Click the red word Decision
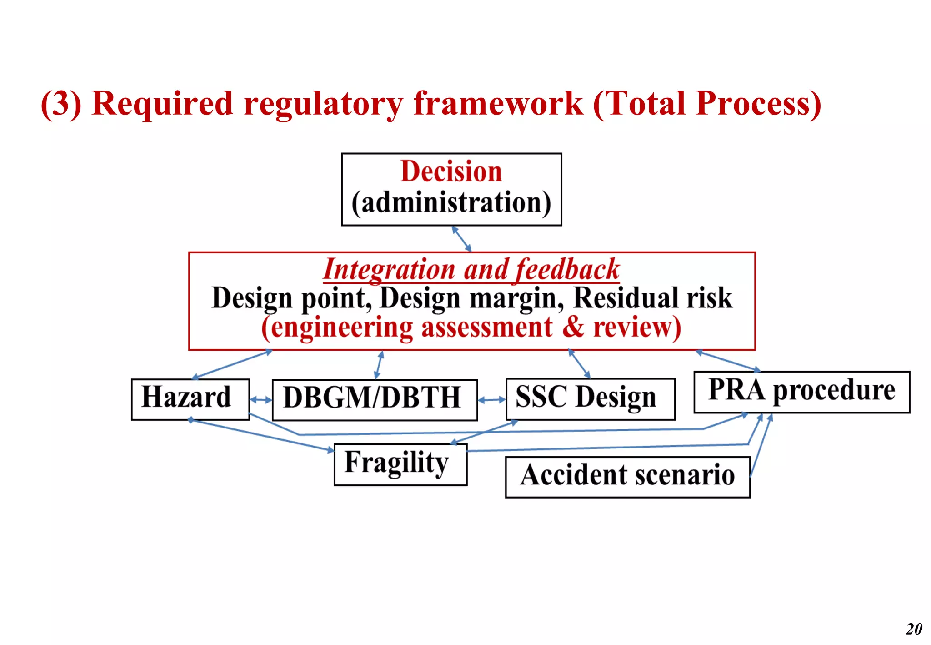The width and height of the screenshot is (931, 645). pos(451,172)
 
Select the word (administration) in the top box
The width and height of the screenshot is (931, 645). pos(451,202)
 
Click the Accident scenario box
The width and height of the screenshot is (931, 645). pos(627,476)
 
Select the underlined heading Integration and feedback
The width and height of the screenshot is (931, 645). pos(471,270)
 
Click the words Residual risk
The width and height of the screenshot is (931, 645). pos(653,298)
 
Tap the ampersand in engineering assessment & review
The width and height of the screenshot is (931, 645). pos(573,327)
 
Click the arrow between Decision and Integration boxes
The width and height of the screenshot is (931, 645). pos(461,238)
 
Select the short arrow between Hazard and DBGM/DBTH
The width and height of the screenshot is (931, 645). pos(260,400)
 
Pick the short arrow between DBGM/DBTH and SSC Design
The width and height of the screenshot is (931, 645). pos(491,400)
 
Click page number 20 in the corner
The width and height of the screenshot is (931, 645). pos(914,629)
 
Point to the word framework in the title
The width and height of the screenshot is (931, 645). pos(498,104)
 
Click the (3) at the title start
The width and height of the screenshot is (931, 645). pos(61,104)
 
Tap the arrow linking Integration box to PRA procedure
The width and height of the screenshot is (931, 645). pos(728,361)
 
